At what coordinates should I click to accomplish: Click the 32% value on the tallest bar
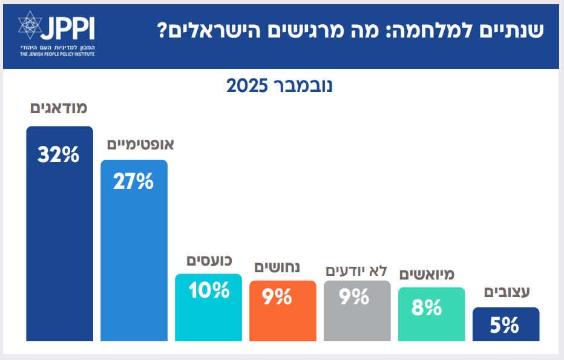59,155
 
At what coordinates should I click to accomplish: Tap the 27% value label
133,182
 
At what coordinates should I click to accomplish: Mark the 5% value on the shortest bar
505,326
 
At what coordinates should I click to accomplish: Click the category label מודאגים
59,108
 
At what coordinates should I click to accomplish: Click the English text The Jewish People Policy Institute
57,54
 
